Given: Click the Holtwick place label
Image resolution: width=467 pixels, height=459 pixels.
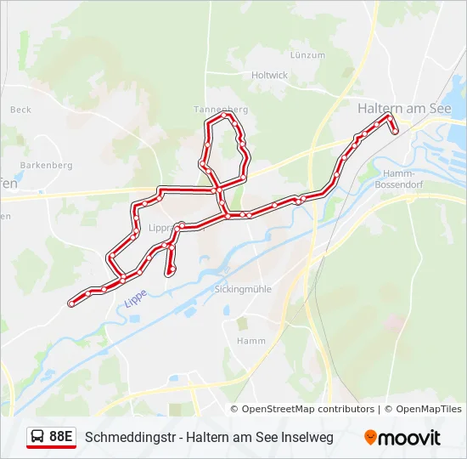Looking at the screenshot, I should click(270, 75).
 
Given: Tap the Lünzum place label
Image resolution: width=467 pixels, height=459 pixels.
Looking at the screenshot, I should click(307, 54).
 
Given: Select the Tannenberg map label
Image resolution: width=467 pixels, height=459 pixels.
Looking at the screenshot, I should click(221, 110).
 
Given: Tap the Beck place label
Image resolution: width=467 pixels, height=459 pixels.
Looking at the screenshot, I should click(20, 110).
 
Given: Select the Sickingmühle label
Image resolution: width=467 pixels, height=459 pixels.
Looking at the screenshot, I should click(243, 289).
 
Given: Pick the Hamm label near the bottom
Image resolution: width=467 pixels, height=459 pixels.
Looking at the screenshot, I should click(251, 341).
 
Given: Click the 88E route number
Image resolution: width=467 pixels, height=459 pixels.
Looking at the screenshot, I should click(61, 437).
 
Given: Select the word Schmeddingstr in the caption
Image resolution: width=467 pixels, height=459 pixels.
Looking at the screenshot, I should click(125, 437).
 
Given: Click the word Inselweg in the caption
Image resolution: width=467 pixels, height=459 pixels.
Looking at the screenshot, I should click(307, 437).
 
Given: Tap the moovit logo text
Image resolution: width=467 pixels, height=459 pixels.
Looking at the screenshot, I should click(410, 438).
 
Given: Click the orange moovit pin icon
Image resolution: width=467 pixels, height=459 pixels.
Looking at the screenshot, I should click(370, 438).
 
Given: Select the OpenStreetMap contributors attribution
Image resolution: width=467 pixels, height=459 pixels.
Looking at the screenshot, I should click(307, 409).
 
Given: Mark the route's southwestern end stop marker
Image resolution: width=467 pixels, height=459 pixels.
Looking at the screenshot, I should click(71, 303).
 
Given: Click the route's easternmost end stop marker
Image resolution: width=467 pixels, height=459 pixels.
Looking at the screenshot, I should click(395, 131).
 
